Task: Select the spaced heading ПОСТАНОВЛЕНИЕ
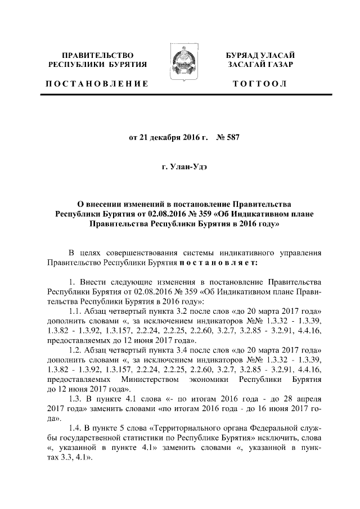point(96,84)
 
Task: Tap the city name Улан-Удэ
point(186,167)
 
